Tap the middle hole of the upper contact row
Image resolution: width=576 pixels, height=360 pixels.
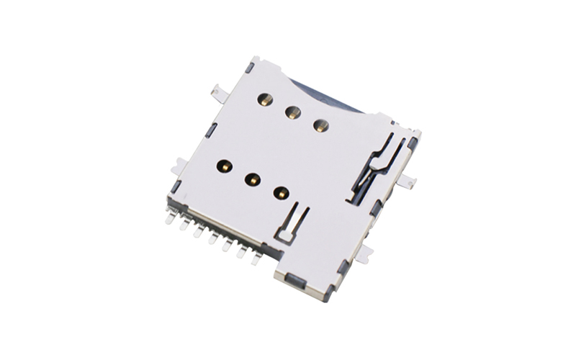pos(293,112)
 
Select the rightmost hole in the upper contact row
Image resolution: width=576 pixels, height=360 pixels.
pos(320,125)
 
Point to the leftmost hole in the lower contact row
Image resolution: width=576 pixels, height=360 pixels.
pos(225,166)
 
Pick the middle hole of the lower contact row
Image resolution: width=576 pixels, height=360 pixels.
pos(253,179)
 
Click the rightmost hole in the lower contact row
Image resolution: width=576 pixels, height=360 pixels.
pos(281,192)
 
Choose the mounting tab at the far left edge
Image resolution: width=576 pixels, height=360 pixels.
pos(175,168)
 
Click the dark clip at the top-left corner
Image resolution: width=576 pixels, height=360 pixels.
pos(249,67)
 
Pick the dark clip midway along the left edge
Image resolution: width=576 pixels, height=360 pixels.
pos(211,130)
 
